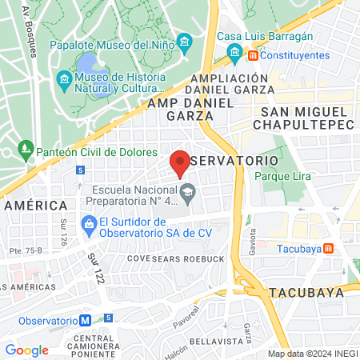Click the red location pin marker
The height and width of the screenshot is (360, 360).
pos(180,162)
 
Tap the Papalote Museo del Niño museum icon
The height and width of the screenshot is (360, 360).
pos(185,41)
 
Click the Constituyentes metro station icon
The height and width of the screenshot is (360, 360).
pos(253,55)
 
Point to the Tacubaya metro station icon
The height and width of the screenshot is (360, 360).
pos(327,248)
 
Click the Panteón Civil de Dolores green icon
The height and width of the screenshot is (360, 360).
pos(26,149)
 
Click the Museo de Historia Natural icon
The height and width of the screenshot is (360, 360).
pos(64,80)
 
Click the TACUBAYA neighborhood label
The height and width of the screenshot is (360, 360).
pos(307,292)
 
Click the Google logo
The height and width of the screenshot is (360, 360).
pos(26,350)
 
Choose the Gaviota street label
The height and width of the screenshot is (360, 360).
pos(252,238)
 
